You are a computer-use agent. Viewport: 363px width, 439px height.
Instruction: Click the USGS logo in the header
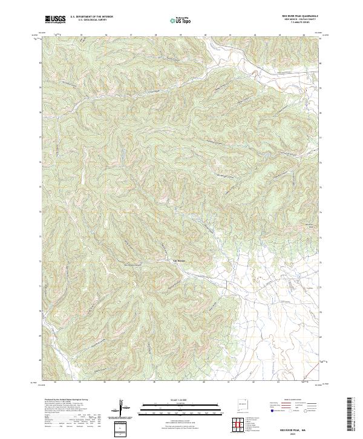coord(55,19)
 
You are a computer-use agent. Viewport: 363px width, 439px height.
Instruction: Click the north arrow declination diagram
coord(120,409)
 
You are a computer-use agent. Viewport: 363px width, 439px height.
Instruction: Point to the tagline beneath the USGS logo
coord(55,22)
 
